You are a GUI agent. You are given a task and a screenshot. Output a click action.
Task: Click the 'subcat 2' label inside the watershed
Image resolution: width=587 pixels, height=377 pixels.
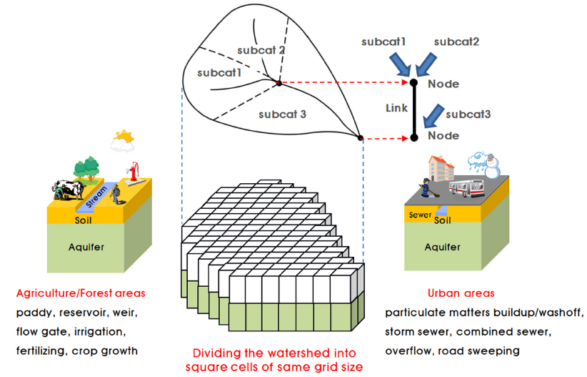coord(262,51)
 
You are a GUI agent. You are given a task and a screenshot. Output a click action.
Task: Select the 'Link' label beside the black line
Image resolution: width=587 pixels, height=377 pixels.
coord(396,109)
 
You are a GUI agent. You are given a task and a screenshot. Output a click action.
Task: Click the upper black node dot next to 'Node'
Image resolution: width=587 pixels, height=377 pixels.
coord(413,83)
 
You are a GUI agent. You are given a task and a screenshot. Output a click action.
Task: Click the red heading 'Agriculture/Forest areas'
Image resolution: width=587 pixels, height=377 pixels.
coord(80,293)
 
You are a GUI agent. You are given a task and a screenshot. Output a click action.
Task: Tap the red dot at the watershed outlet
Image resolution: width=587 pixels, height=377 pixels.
coord(361,137)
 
